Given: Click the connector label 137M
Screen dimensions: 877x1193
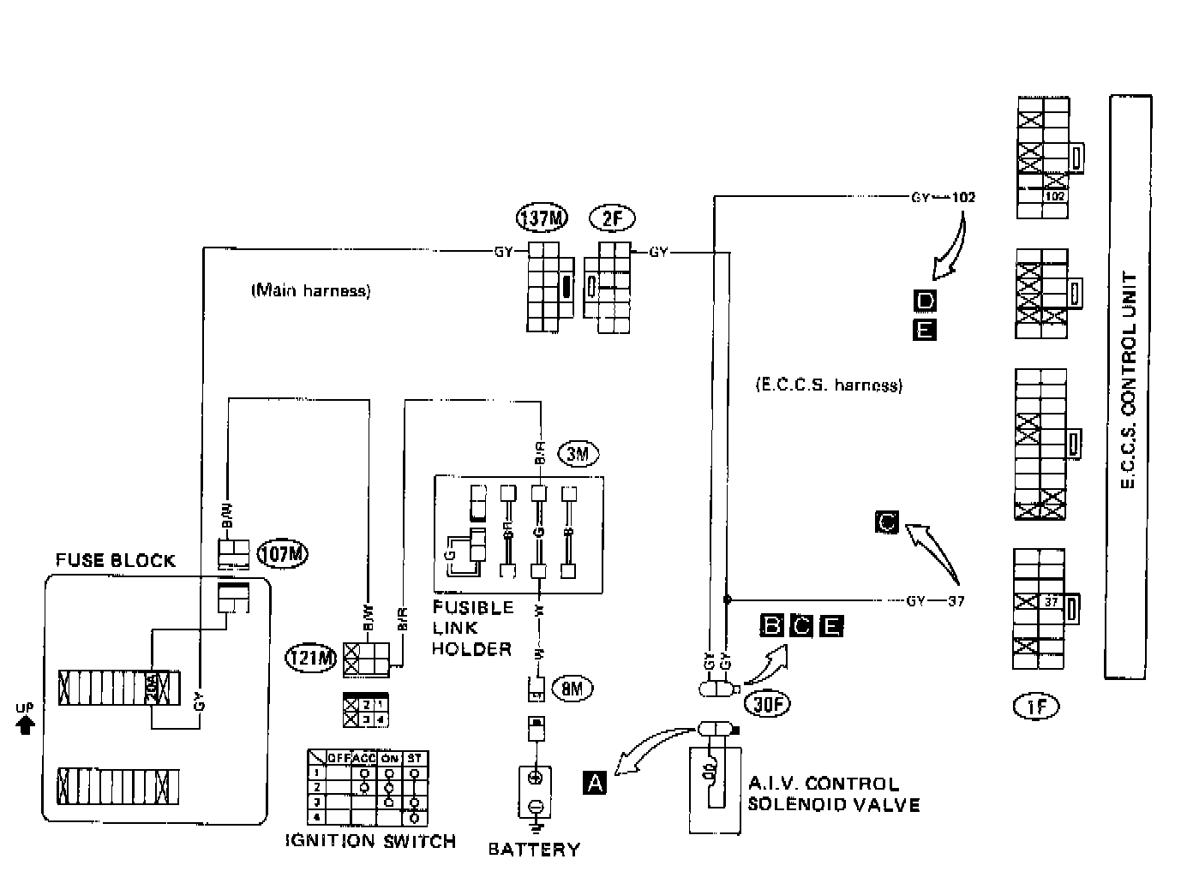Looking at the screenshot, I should click(x=542, y=219).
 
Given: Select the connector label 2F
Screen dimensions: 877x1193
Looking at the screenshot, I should click(x=612, y=219).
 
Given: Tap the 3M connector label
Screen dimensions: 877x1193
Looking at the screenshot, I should click(x=578, y=453).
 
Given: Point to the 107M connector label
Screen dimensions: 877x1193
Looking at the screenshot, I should click(x=283, y=554).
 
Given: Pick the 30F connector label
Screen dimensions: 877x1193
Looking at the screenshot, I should click(x=767, y=703).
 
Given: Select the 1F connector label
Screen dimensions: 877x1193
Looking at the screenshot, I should click(x=1036, y=707).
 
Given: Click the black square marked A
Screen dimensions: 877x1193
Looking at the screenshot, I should click(x=594, y=782).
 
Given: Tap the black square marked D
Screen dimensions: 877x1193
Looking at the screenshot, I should click(x=925, y=301).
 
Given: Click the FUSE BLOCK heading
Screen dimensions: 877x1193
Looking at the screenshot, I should click(x=115, y=561).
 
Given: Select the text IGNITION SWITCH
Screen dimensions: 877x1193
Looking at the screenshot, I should click(x=370, y=841).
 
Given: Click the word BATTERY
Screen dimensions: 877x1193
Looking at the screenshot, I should click(x=534, y=850).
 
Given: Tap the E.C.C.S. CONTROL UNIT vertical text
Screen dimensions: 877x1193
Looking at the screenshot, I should click(x=1130, y=382).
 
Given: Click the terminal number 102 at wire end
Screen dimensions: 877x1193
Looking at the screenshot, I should click(x=963, y=197).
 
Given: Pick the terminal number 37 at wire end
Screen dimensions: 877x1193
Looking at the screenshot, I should click(x=956, y=601).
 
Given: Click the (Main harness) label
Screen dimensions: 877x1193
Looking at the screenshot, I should click(x=310, y=291).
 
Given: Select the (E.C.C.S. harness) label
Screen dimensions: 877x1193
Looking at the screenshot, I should click(x=829, y=385).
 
